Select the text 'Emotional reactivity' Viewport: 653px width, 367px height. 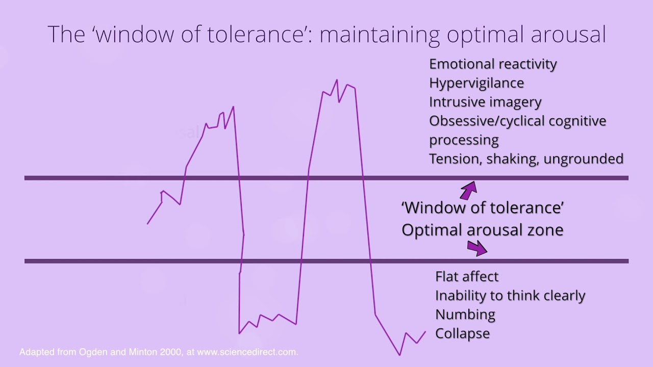pyautogui.click(x=493, y=64)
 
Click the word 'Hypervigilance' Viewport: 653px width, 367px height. pyautogui.click(x=476, y=83)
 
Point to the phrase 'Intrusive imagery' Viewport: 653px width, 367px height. pyautogui.click(x=485, y=102)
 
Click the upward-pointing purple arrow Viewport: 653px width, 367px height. pyautogui.click(x=468, y=190)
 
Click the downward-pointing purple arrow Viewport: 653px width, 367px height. pyautogui.click(x=477, y=248)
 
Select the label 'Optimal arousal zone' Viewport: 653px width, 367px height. pyautogui.click(x=482, y=230)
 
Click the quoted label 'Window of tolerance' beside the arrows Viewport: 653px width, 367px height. pyautogui.click(x=482, y=208)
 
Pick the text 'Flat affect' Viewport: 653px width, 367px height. pyautogui.click(x=467, y=277)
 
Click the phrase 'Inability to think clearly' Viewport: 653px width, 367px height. pyautogui.click(x=510, y=296)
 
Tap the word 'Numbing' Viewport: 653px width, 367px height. pyautogui.click(x=465, y=314)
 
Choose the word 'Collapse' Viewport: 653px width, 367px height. pyautogui.click(x=462, y=333)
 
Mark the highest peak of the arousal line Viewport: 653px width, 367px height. pyautogui.click(x=337, y=80)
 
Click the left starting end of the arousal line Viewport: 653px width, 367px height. pyautogui.click(x=147, y=223)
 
